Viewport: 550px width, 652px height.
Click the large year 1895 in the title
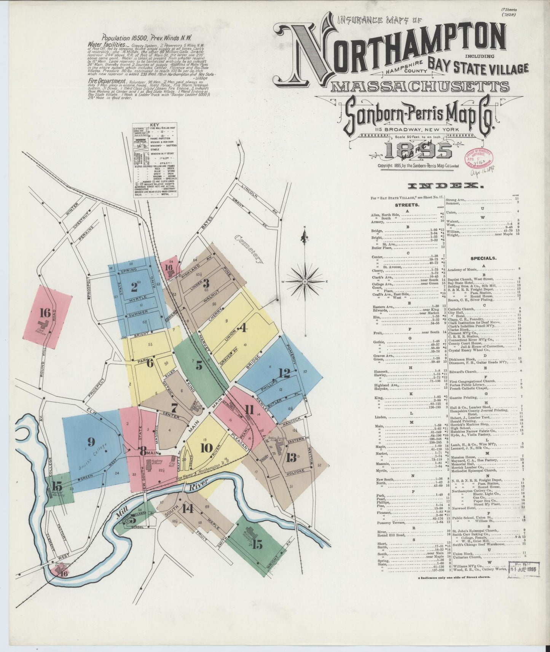[418, 151]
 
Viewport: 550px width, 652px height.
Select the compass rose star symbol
[304, 281]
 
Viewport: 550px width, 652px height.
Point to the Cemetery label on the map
[249, 249]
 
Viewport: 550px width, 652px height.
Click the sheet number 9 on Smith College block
[91, 442]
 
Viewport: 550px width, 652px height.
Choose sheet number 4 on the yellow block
[242, 328]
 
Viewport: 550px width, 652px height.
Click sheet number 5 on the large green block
[199, 366]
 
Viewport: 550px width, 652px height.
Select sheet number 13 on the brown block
[291, 457]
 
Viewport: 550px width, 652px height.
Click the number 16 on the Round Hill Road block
[45, 313]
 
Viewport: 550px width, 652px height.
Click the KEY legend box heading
[155, 125]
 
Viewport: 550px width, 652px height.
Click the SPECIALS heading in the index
[483, 258]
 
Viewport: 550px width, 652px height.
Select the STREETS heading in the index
[399, 205]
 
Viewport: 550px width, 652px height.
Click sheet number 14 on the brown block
[187, 509]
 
